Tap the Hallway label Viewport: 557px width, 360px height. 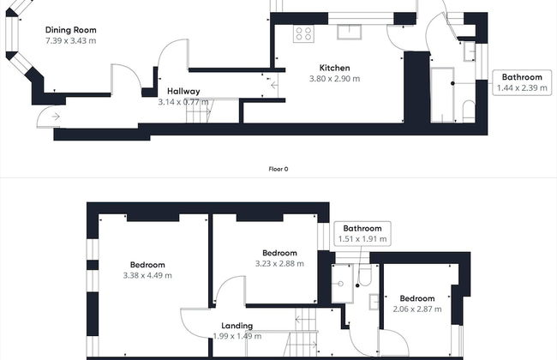(x=183, y=91)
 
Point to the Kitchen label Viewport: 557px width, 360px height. (x=334, y=68)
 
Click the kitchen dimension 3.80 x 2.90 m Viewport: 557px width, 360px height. (x=334, y=79)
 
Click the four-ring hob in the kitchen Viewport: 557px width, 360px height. (x=303, y=33)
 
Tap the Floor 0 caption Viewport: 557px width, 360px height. (x=278, y=169)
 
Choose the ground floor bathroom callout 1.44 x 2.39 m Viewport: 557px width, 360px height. (x=522, y=87)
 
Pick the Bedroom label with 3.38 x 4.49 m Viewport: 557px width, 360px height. (x=147, y=265)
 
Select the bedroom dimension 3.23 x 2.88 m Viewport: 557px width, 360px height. (x=279, y=264)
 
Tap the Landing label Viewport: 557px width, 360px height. (x=236, y=326)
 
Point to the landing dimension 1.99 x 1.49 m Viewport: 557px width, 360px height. (x=236, y=336)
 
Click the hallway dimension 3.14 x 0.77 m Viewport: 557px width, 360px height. (x=183, y=102)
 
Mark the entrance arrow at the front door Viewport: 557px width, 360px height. (x=55, y=116)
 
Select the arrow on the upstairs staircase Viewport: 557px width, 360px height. (x=301, y=321)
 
